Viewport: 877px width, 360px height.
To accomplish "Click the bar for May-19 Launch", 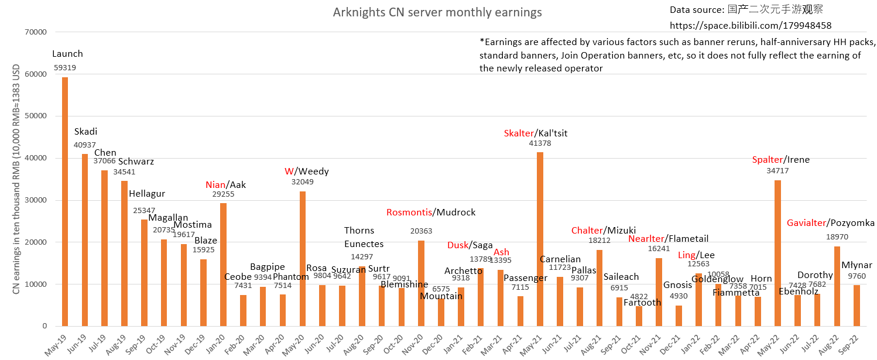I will click(x=65, y=202).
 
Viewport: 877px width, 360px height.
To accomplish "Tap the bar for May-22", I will click(x=777, y=253).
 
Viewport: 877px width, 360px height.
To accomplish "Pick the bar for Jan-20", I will click(x=223, y=265).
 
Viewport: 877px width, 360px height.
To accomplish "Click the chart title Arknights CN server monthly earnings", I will click(x=437, y=12).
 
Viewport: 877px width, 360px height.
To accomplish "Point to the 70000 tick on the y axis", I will click(x=35, y=32).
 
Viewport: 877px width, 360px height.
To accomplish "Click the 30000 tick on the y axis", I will click(x=35, y=200).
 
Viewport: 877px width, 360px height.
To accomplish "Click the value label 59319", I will click(x=65, y=67).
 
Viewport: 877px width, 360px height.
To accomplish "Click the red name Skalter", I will click(x=519, y=133).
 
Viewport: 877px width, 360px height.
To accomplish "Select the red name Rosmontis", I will click(x=410, y=212).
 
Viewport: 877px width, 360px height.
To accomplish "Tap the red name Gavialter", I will click(x=807, y=223).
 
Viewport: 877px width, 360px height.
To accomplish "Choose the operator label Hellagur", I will click(x=146, y=194).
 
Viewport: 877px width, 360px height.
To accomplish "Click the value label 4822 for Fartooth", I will click(x=639, y=296).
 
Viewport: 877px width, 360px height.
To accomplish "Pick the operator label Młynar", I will click(x=857, y=265).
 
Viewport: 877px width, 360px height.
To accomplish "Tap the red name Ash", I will click(x=501, y=252).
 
